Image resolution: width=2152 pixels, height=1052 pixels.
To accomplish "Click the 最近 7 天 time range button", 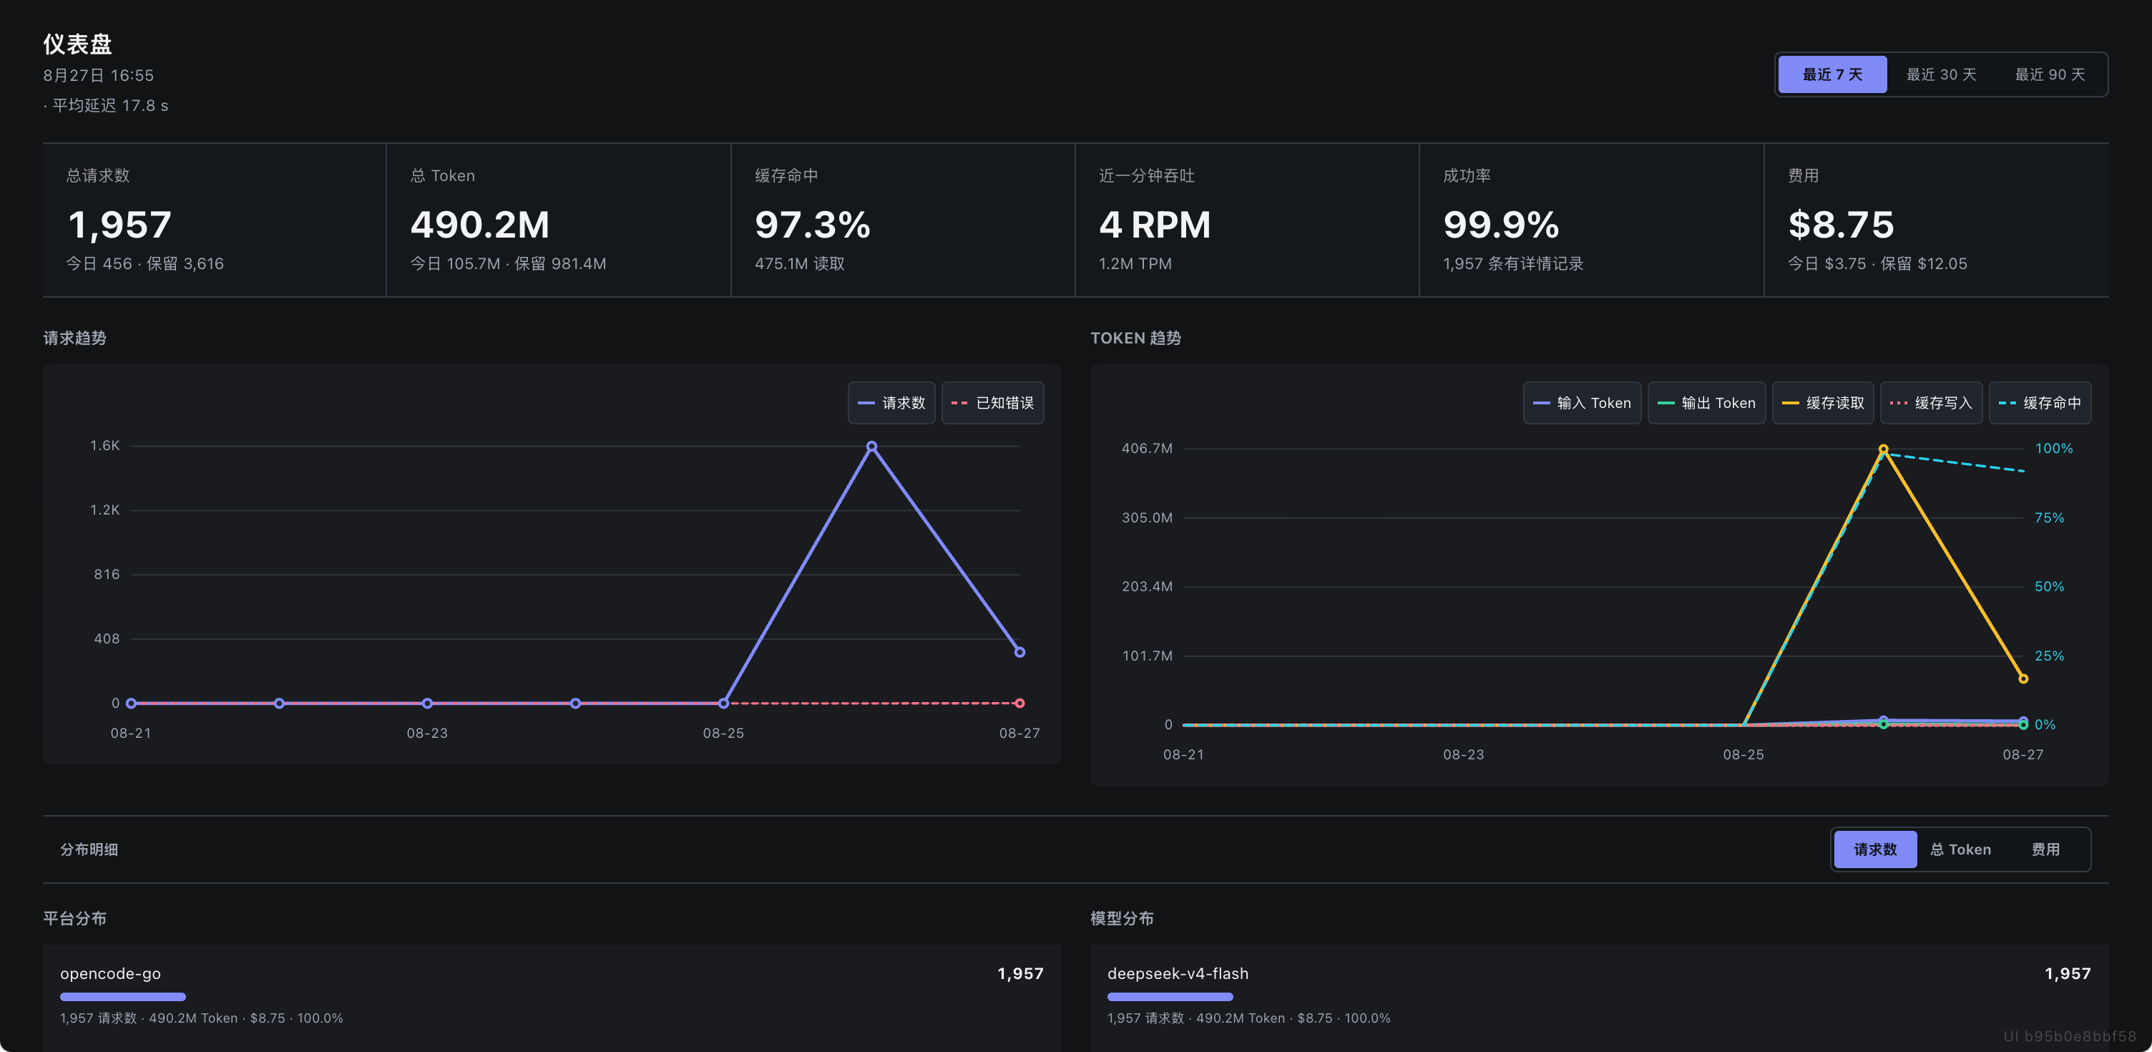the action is coord(1832,74).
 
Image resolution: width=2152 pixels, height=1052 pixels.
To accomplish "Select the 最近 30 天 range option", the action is coord(1941,74).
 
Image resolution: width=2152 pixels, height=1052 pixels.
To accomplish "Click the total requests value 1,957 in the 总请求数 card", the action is coord(119,224).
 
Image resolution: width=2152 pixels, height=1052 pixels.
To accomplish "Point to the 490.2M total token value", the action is coord(479,224).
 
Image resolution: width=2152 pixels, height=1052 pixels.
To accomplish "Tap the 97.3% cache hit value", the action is coord(812,224).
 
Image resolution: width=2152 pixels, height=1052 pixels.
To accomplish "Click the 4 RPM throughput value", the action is coord(1155,224).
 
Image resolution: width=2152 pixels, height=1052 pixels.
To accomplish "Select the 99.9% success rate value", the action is coord(1500,224).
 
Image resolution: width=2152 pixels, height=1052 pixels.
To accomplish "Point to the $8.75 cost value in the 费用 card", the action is coord(1840,224).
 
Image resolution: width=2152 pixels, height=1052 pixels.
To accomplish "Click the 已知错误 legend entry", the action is coord(992,403).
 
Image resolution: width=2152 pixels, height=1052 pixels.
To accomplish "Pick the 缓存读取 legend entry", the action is coord(1823,403).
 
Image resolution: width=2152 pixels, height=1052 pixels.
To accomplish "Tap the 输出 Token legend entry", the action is coord(1706,403).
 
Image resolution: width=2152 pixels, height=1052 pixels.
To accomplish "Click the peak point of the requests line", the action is coord(871,446).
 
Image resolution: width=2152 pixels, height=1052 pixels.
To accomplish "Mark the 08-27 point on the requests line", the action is coord(1019,652).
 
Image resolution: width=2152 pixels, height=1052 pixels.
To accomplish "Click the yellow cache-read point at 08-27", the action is coord(2023,678).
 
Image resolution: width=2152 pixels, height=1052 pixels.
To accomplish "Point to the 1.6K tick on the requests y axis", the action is coord(105,445).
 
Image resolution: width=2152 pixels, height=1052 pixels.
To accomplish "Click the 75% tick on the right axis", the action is coord(2048,517).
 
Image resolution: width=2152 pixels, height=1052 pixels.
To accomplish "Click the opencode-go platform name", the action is coord(110,973).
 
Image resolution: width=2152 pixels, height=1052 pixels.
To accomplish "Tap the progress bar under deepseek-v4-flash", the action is coord(1170,997).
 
